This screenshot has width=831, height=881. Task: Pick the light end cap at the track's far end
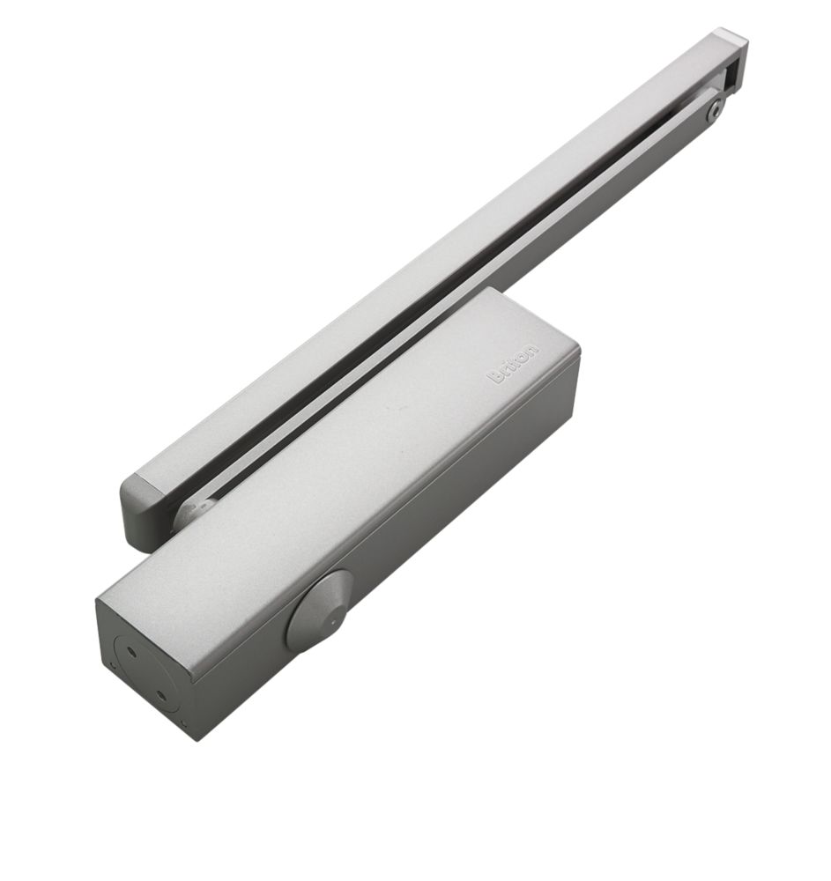click(x=732, y=41)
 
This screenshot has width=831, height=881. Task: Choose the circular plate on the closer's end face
click(x=145, y=674)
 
